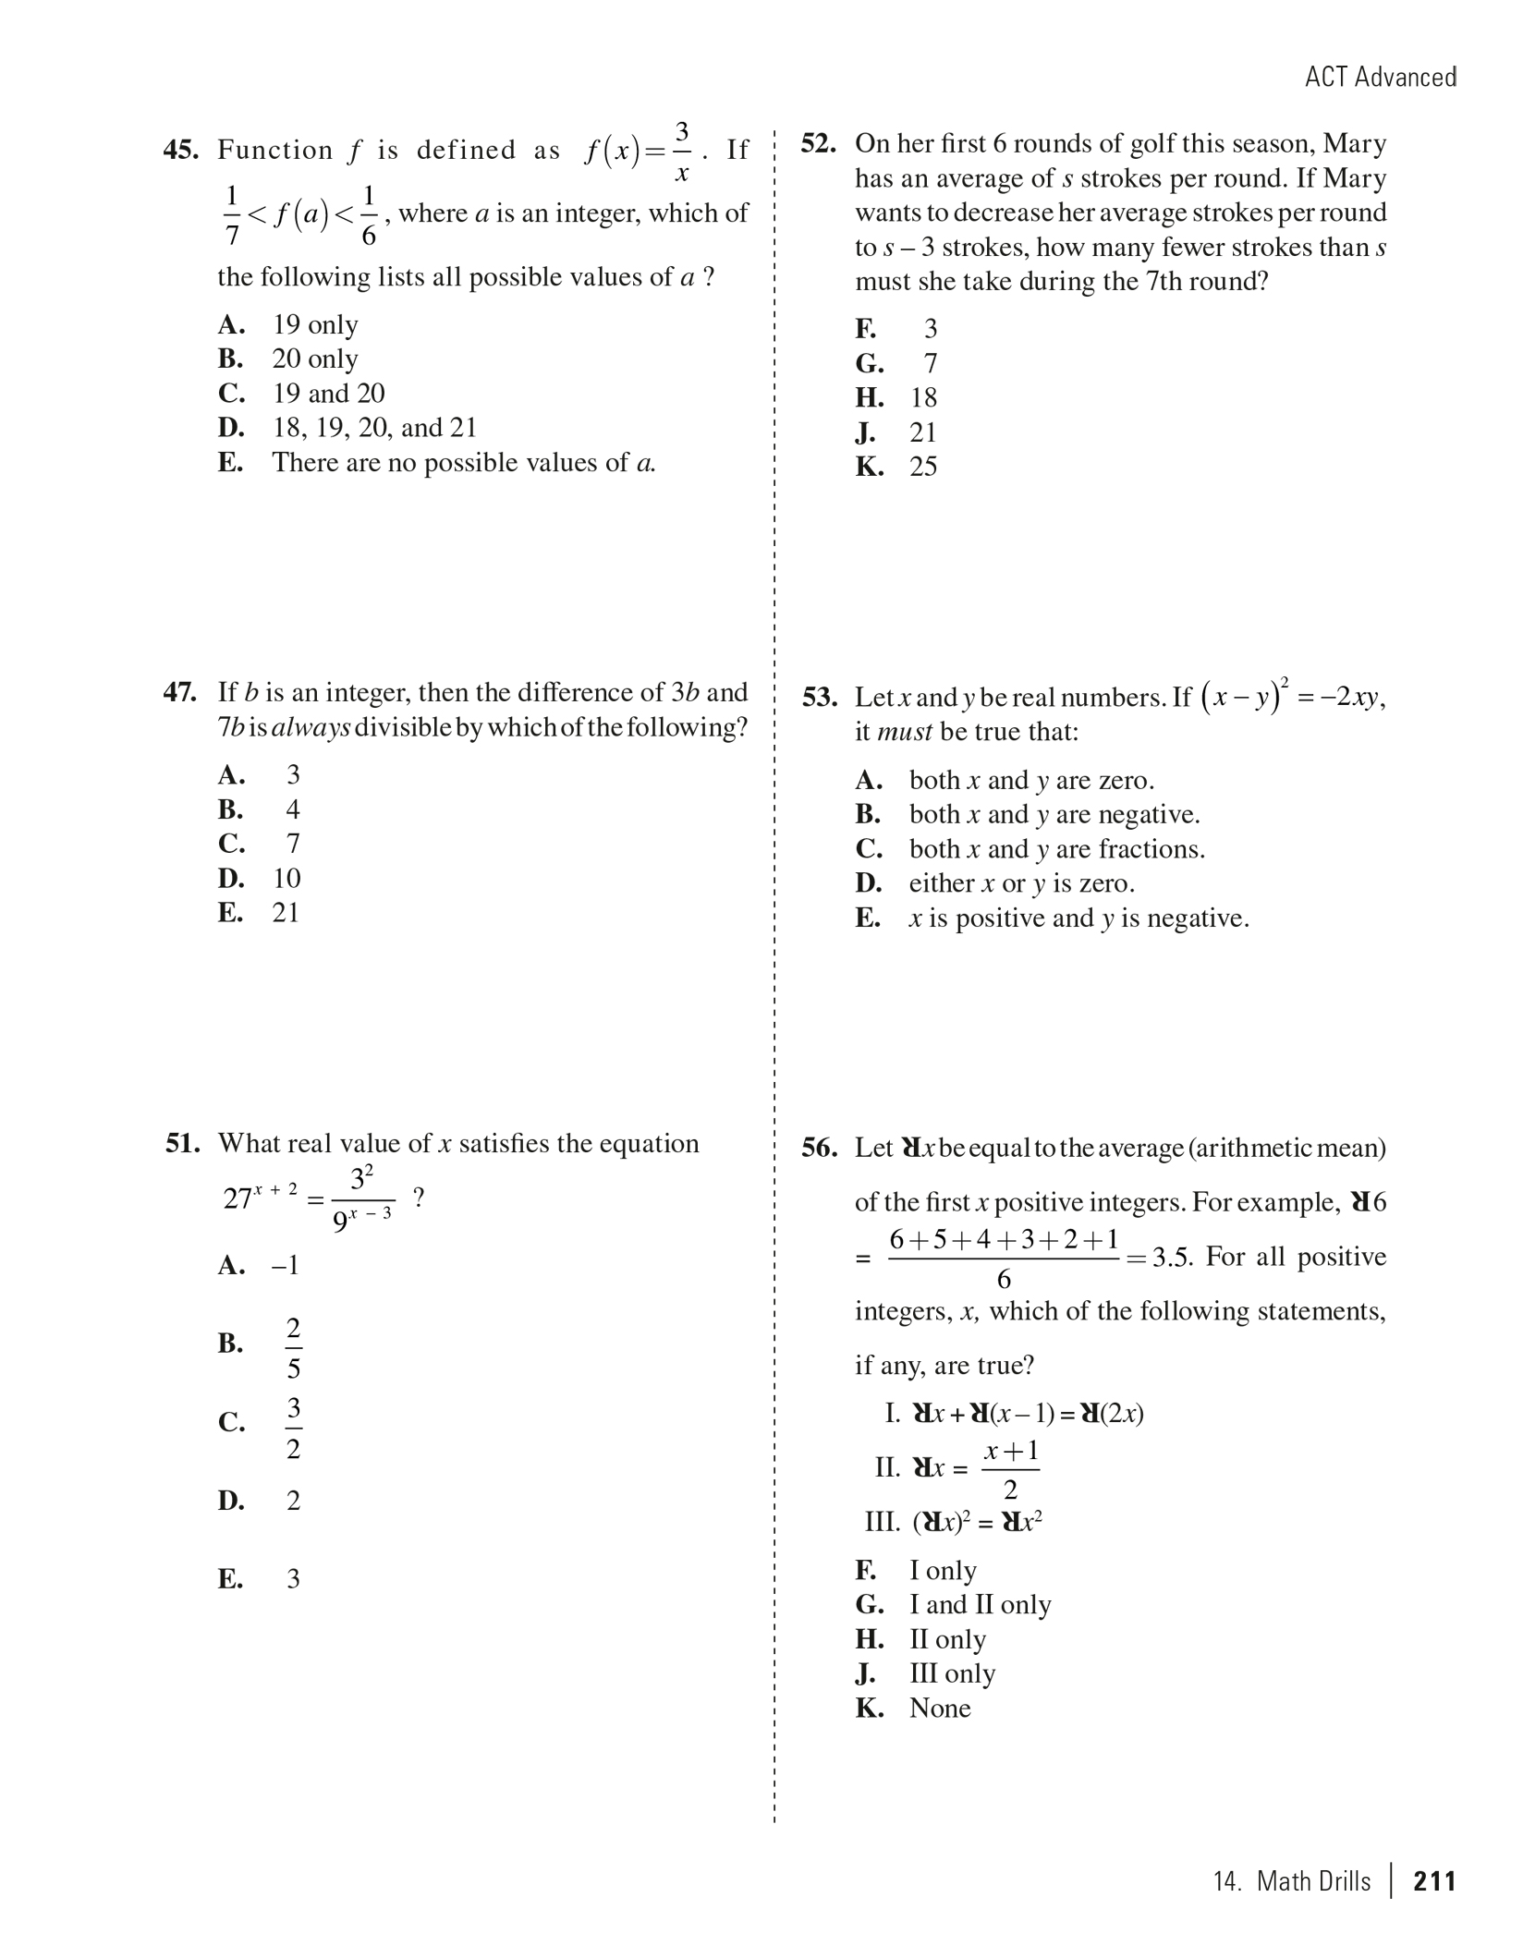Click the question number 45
[181, 150]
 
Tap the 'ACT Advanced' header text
[1380, 77]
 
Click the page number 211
[1434, 1881]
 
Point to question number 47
[180, 692]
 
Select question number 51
[183, 1144]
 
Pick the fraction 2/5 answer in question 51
[293, 1348]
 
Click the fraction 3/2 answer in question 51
[293, 1428]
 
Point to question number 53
[820, 698]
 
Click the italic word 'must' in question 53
[904, 733]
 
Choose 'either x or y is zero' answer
[1020, 883]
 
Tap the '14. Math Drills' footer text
[1292, 1881]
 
